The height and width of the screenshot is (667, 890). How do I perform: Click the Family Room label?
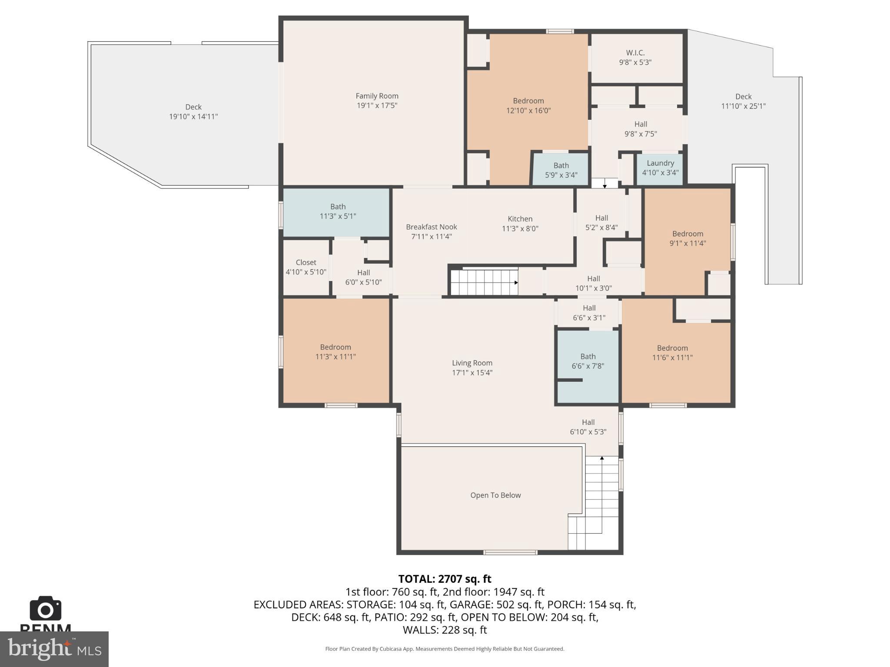377,96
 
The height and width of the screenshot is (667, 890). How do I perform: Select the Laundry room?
660,168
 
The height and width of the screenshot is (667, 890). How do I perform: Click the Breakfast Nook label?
431,227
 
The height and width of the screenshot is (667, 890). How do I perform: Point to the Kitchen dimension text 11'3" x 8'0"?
520,228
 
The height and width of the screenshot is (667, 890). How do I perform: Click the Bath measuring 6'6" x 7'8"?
588,361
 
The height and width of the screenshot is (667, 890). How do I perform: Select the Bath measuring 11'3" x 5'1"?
338,211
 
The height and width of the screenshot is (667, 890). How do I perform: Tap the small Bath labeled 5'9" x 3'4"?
561,170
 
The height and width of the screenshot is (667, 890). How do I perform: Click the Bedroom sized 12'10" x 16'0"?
528,106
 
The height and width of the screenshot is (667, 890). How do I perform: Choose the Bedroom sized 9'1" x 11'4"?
687,238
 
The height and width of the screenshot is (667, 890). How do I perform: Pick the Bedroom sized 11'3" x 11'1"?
335,352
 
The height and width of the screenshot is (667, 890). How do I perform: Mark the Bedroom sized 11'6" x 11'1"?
672,353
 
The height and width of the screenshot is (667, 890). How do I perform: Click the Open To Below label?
495,495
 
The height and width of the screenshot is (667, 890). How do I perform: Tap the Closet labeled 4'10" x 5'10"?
306,267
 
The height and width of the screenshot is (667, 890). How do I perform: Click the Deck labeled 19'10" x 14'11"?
193,112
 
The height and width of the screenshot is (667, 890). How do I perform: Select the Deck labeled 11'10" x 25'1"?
743,101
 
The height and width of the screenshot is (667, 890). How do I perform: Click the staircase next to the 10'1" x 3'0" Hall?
484,282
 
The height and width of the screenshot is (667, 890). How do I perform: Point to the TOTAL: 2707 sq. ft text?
445,579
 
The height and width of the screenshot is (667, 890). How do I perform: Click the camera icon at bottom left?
45,609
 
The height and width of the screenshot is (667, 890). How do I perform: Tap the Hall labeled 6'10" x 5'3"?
588,427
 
